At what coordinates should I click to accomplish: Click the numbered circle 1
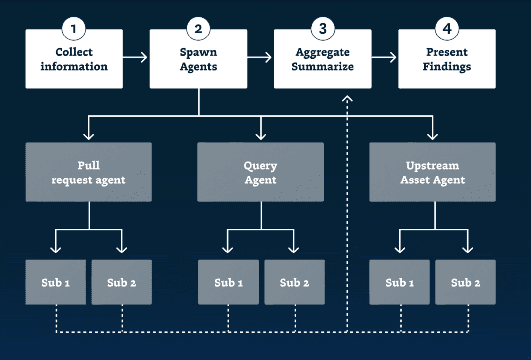[74, 29]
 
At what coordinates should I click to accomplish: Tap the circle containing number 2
[198, 29]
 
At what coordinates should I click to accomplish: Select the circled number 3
[323, 29]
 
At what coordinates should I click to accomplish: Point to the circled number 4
[447, 29]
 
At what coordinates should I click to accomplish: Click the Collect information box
[74, 59]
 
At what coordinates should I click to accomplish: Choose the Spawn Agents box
[198, 59]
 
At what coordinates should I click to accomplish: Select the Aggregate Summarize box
[323, 59]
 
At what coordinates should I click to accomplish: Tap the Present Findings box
[447, 59]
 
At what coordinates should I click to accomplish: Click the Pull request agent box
[88, 172]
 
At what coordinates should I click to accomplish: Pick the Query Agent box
[261, 172]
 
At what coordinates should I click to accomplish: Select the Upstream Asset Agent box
[433, 172]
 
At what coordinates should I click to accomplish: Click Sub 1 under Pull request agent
[55, 282]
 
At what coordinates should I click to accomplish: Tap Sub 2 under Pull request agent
[121, 282]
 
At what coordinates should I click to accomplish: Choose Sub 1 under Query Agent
[228, 282]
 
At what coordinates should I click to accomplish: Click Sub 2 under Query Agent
[294, 282]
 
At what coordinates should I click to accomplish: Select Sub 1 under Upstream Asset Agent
[400, 282]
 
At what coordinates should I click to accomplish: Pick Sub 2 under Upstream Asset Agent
[466, 282]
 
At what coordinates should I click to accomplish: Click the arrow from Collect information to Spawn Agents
[135, 57]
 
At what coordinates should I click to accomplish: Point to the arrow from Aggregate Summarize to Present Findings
[384, 57]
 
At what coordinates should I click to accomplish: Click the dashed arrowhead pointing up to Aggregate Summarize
[347, 98]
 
